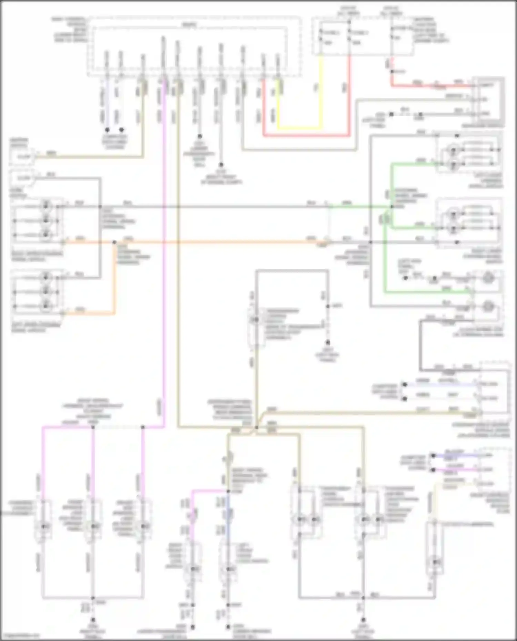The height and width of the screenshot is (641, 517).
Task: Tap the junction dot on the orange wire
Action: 114,242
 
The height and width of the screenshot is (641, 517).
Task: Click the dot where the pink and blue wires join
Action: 228,491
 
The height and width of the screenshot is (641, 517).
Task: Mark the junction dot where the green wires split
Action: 392,207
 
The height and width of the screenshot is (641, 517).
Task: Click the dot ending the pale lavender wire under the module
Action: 107,130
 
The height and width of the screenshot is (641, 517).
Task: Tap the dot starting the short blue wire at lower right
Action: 433,455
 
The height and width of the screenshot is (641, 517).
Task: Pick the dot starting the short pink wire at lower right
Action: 433,469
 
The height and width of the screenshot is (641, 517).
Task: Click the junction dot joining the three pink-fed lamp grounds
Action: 92,598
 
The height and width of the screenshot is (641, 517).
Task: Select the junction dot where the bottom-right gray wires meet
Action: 363,598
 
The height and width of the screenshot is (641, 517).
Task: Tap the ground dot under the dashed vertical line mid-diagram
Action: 327,342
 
